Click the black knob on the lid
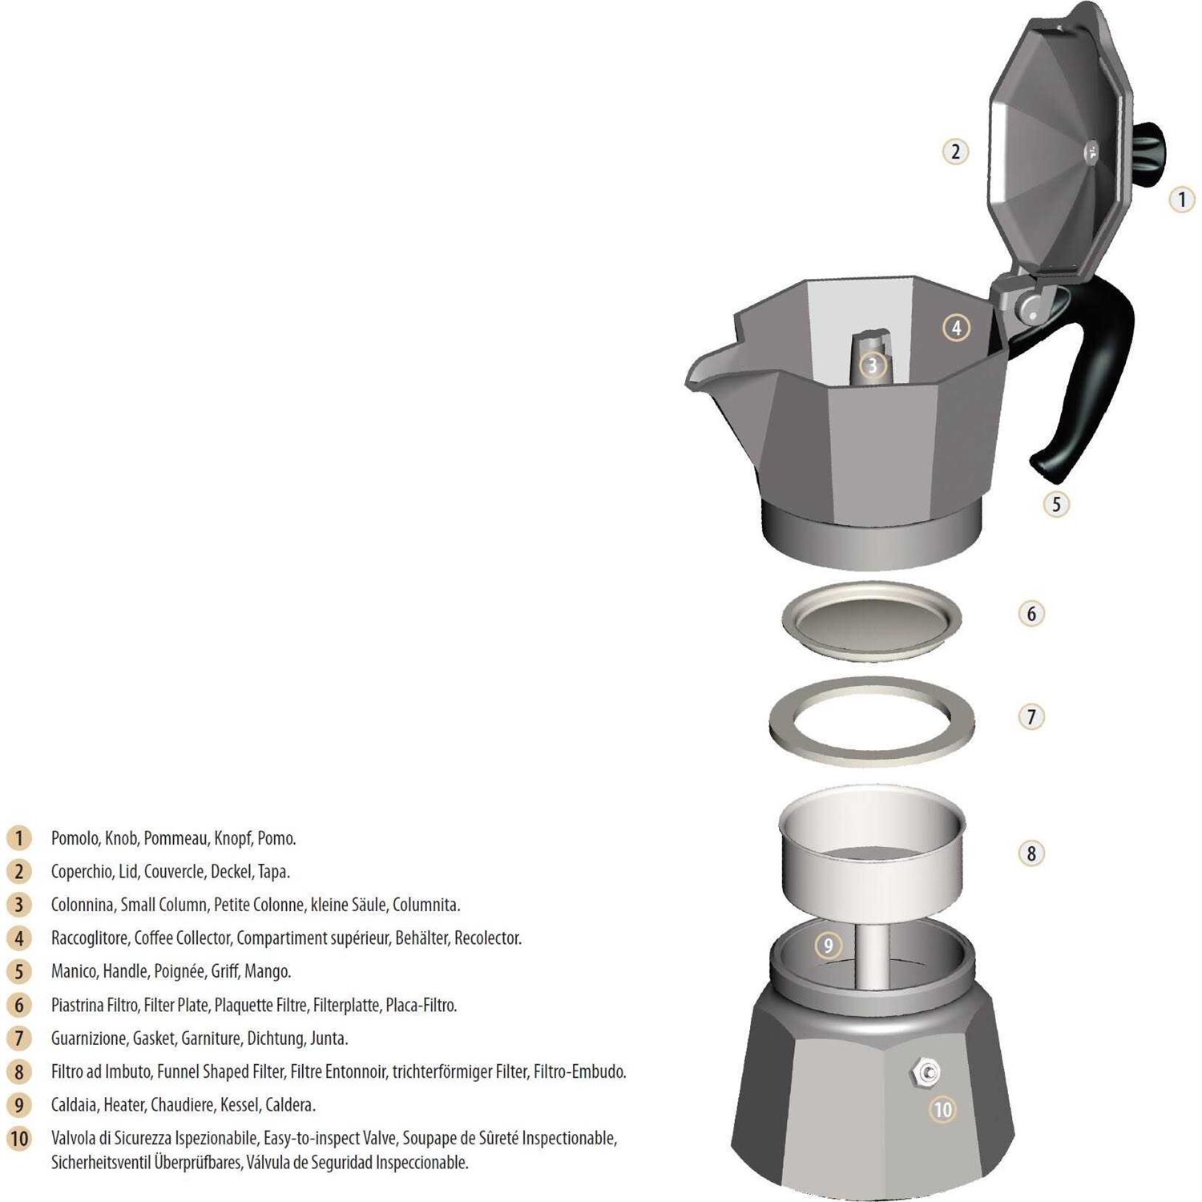[1151, 152]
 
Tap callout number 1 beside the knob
[1182, 199]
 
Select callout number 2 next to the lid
[954, 151]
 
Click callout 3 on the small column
[873, 366]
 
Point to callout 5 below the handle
[1056, 504]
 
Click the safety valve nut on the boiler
[928, 1071]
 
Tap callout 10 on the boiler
[943, 1109]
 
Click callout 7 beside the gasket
[1031, 716]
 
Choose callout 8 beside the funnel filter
[1031, 853]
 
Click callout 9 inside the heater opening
[829, 946]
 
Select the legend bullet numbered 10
[18, 1139]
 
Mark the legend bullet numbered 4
[18, 938]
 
